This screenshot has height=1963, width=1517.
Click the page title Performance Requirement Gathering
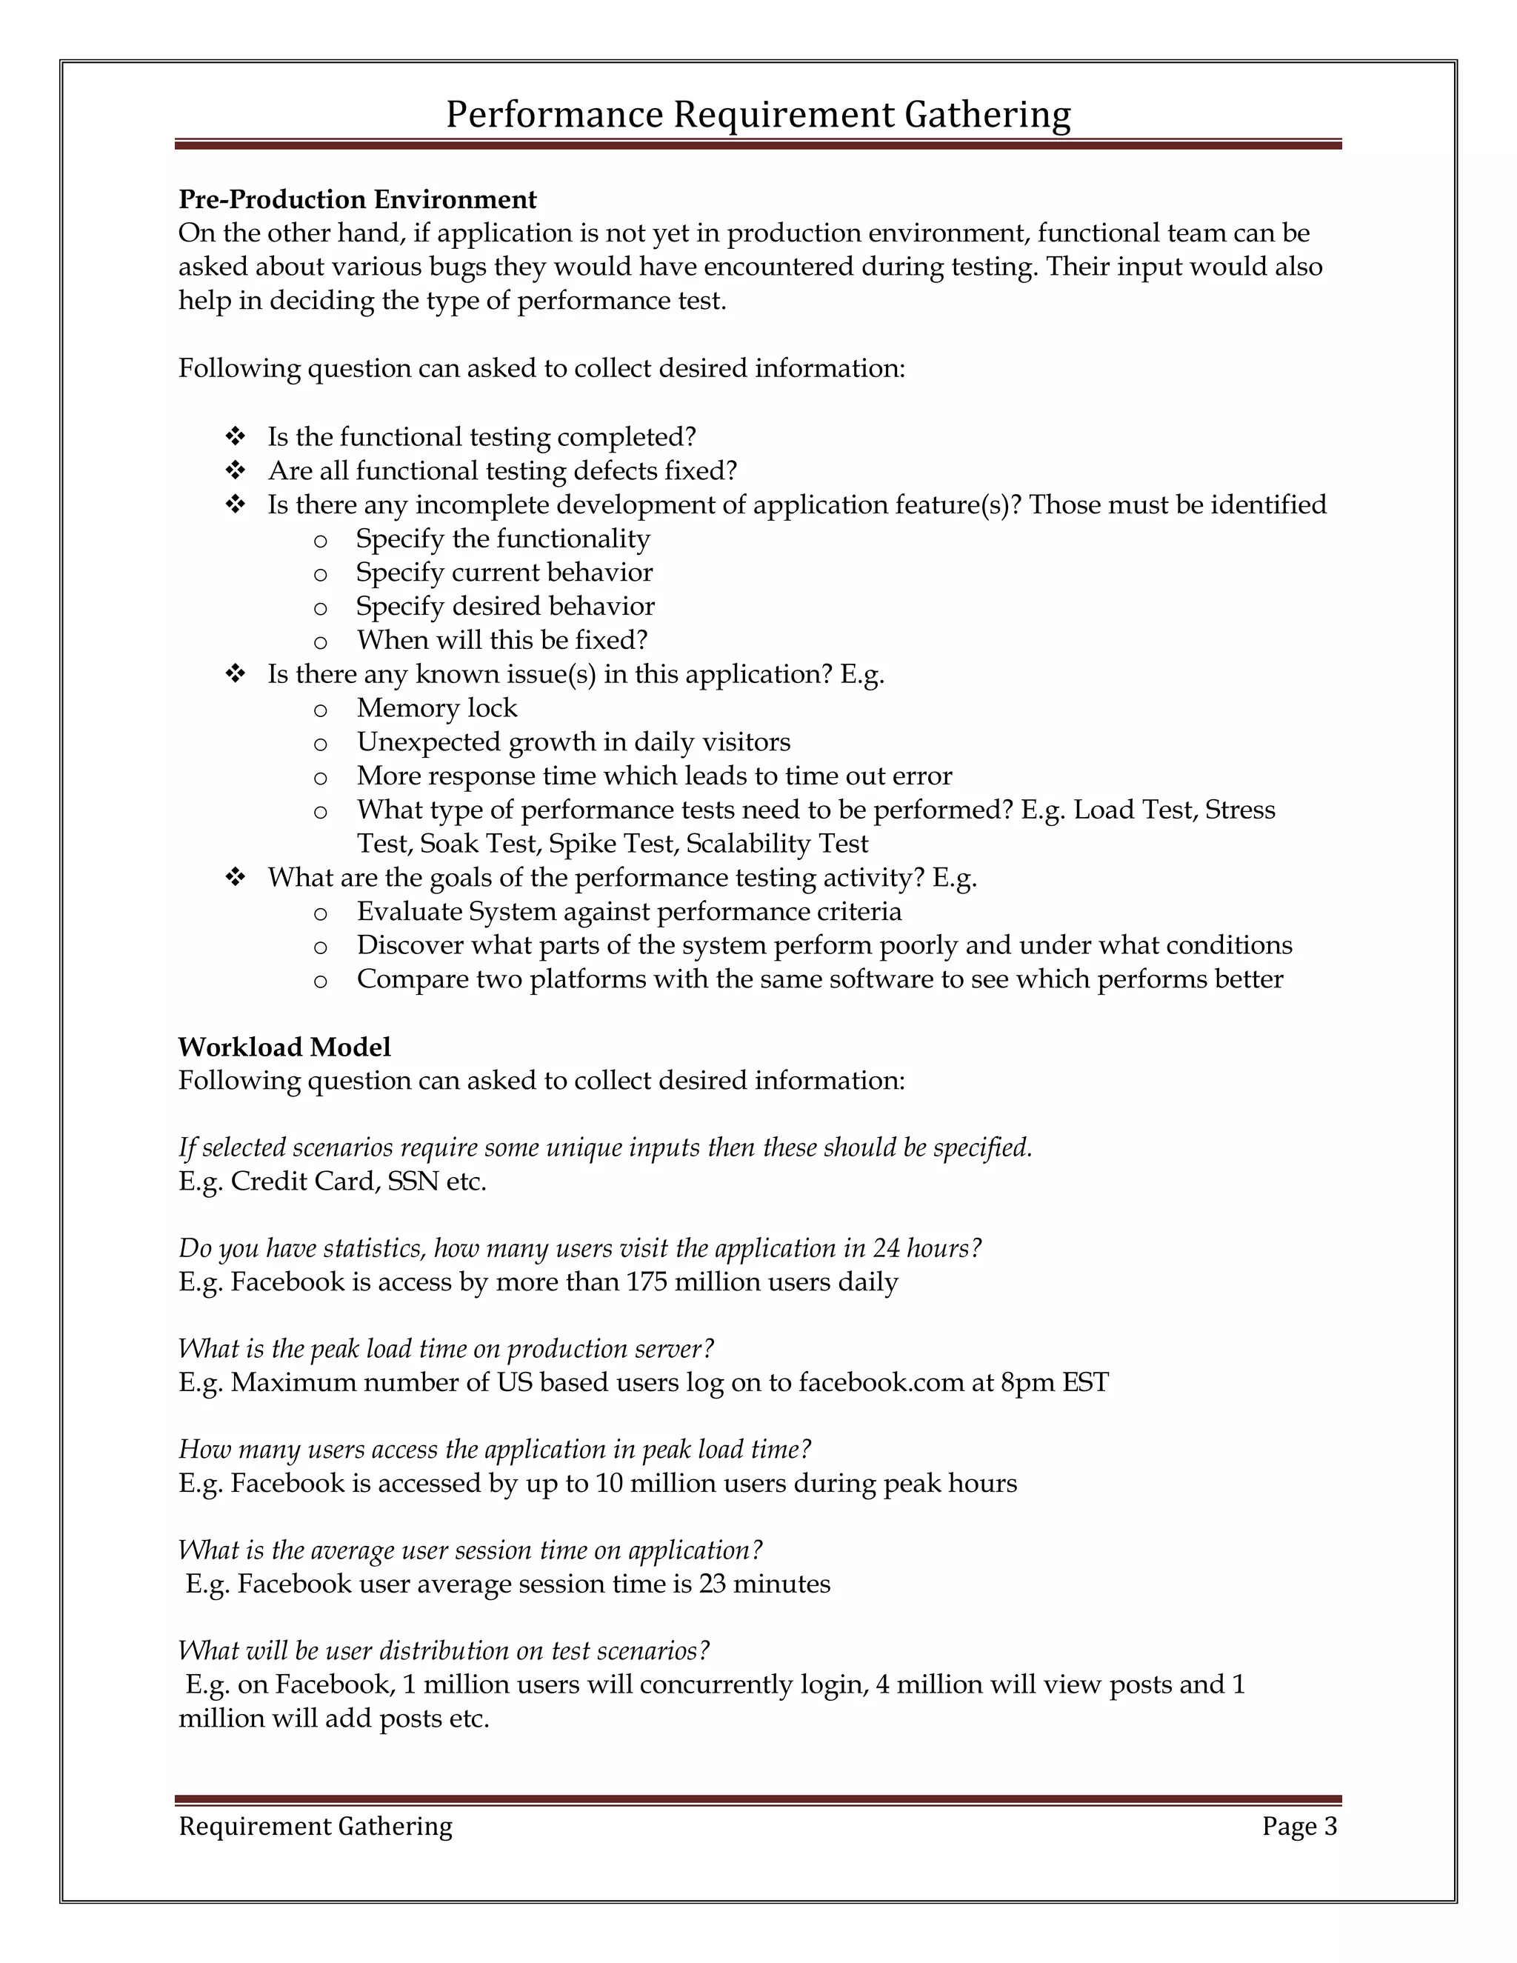(x=758, y=115)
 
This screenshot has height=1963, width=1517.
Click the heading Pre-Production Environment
(x=357, y=199)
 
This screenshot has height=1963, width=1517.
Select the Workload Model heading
(x=284, y=1047)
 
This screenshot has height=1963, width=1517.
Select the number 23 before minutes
(x=712, y=1584)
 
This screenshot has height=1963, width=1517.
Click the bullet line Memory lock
(x=437, y=708)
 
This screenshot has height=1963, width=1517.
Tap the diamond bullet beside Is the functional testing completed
(x=236, y=437)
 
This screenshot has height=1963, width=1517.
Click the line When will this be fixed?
(x=501, y=640)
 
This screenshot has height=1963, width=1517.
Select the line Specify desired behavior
(x=505, y=607)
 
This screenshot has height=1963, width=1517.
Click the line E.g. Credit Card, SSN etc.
(x=333, y=1181)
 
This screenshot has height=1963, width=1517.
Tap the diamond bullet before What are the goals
(x=236, y=877)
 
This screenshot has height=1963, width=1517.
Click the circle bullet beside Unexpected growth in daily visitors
(x=320, y=743)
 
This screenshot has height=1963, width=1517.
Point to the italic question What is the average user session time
(x=470, y=1550)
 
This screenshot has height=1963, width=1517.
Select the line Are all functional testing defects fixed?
(x=501, y=471)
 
